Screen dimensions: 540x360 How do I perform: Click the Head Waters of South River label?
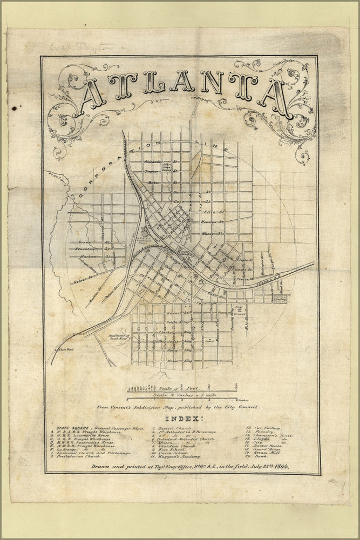118,337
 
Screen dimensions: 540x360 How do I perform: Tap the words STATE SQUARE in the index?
63,428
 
